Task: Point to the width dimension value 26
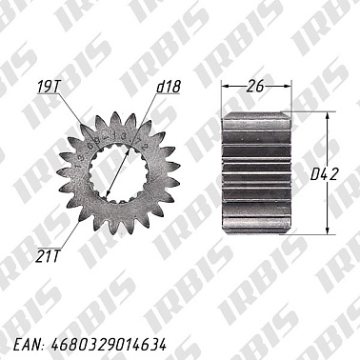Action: pos(253,86)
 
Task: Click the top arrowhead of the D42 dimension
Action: pos(328,117)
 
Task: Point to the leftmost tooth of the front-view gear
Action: pos(62,172)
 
